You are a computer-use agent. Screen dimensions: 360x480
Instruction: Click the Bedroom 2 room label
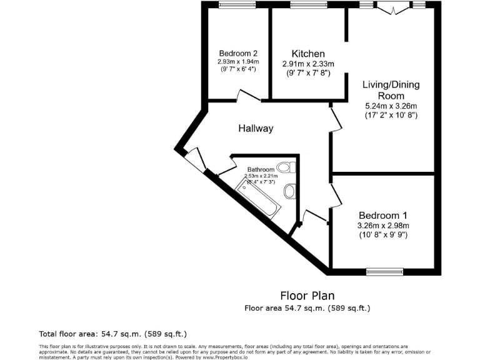coord(237,53)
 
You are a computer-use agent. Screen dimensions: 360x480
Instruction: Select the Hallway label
coord(256,129)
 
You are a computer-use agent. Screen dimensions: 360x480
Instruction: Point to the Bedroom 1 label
coord(383,216)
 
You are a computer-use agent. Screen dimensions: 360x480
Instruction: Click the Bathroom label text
coord(261,169)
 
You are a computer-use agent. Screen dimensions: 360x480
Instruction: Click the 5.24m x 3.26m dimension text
coord(391,106)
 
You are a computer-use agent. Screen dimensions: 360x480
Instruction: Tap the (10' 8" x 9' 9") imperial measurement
coord(383,235)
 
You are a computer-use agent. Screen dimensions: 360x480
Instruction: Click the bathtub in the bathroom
coord(259,197)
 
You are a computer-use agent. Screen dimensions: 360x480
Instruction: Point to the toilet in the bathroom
coord(286,167)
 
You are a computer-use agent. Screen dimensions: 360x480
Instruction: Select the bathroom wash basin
coord(290,190)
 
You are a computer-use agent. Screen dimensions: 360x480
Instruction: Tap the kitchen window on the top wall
coord(304,5)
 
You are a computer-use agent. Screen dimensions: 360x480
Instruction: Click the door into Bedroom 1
coord(336,194)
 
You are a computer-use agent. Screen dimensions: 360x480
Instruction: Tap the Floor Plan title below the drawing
coord(307,296)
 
